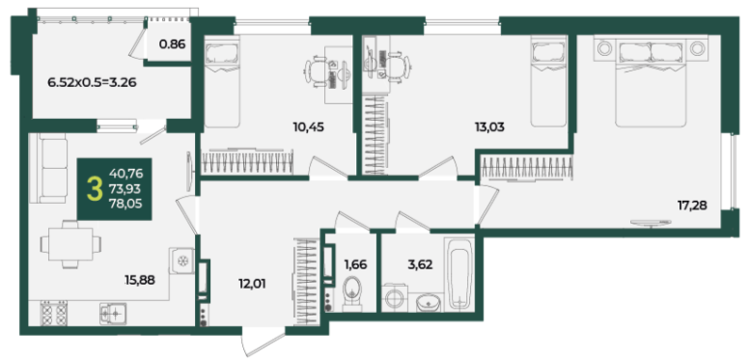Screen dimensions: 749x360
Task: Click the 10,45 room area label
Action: [309, 127]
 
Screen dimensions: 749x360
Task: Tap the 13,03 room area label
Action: [489, 127]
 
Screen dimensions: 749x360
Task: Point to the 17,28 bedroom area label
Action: [692, 206]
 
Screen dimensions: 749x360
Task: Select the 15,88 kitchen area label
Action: [140, 280]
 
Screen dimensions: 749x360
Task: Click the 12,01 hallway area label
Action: [252, 284]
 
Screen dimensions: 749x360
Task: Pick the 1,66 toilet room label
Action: [355, 264]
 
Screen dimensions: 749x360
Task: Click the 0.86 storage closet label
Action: [172, 44]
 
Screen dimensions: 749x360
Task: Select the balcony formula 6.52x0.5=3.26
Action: [93, 83]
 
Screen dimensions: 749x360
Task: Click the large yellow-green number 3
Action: [95, 189]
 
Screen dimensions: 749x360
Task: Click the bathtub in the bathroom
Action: [459, 275]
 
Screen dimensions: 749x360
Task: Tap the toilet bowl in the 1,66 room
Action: [352, 292]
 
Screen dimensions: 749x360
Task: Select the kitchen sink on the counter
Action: [113, 314]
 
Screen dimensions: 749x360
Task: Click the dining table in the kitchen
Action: [70, 244]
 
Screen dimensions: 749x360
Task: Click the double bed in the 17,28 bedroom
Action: [651, 84]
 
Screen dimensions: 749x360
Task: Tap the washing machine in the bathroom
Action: [395, 298]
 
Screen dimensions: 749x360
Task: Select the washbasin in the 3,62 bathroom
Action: [429, 303]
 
